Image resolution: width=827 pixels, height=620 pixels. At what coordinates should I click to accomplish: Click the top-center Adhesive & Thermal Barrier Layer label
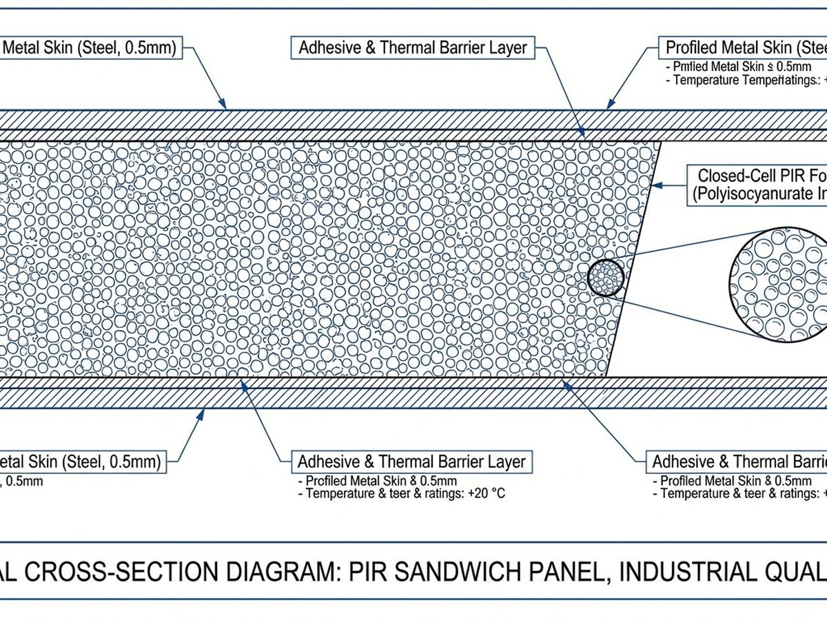[412, 48]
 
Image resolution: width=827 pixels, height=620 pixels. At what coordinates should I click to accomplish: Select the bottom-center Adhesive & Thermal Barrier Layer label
[411, 461]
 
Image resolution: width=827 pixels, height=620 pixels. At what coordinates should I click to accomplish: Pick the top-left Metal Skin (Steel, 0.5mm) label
[90, 48]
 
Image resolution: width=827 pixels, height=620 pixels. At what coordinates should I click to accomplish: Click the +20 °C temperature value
[484, 494]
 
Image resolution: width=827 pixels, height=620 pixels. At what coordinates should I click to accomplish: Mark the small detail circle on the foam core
[606, 278]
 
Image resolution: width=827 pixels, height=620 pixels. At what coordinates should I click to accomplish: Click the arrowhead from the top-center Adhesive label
[585, 135]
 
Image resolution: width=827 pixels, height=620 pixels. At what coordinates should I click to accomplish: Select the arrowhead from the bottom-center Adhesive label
[242, 382]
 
